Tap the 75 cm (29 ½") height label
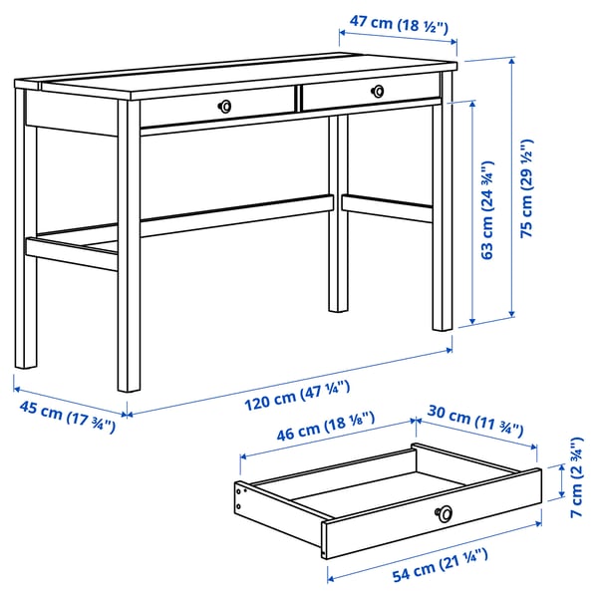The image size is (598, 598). click(527, 187)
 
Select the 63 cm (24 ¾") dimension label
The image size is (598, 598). click(488, 211)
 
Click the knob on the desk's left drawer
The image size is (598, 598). click(226, 105)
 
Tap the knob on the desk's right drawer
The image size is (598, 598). click(378, 91)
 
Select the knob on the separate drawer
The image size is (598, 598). click(444, 512)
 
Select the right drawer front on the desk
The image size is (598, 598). click(370, 94)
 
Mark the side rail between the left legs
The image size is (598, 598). click(72, 248)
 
